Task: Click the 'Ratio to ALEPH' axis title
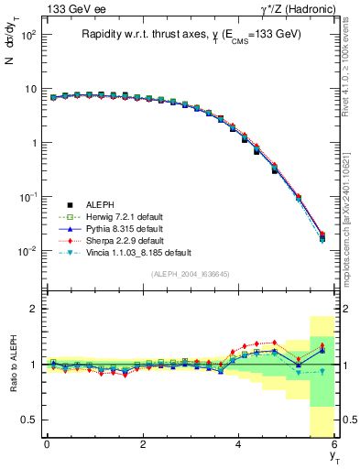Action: pyautogui.click(x=12, y=364)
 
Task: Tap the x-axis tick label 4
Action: pyautogui.click(x=239, y=444)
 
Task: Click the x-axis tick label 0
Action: pyautogui.click(x=47, y=444)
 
